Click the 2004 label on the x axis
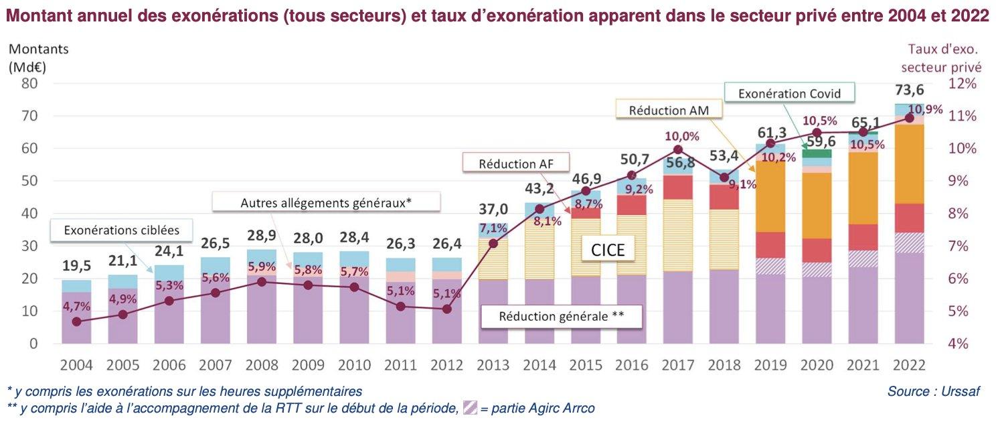click(x=77, y=366)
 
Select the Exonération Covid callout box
click(x=788, y=93)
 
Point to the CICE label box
click(x=608, y=250)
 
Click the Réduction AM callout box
click(x=666, y=109)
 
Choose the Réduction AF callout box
click(x=515, y=163)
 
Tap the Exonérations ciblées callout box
click(x=122, y=230)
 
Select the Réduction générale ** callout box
click(x=562, y=317)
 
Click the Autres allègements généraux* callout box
click(x=326, y=202)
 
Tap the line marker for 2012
click(x=446, y=309)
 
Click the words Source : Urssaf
click(x=931, y=391)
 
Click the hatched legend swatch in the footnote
click(x=470, y=408)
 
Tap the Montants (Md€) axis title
click(x=39, y=58)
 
